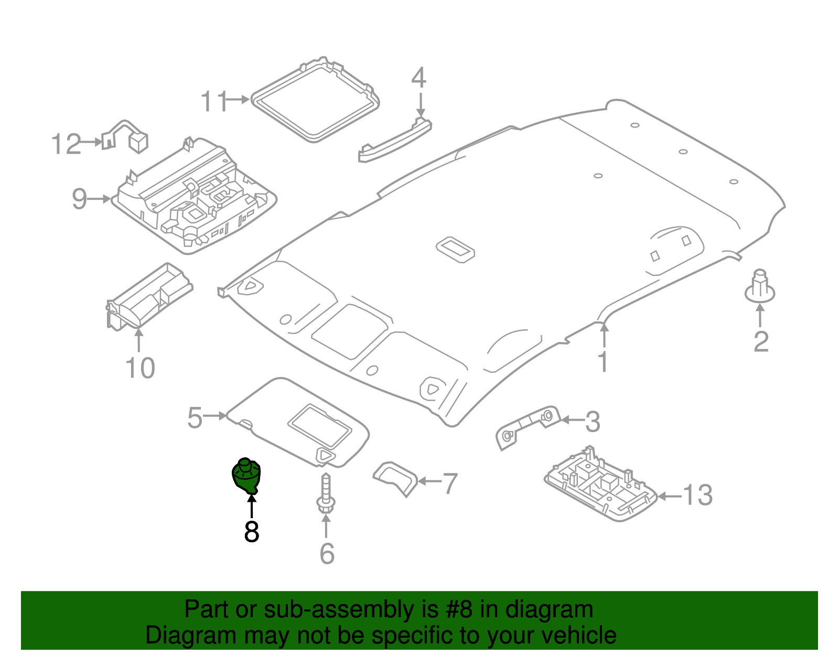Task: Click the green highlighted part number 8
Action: pos(246,476)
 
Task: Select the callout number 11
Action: pos(214,101)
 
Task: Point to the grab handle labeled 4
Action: pos(394,141)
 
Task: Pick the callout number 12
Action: pos(67,144)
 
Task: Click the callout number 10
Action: pos(140,368)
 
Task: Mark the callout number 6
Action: pos(327,553)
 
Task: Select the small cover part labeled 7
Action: pos(395,476)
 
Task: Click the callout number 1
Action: pos(604,362)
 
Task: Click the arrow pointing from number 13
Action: pos(669,496)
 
